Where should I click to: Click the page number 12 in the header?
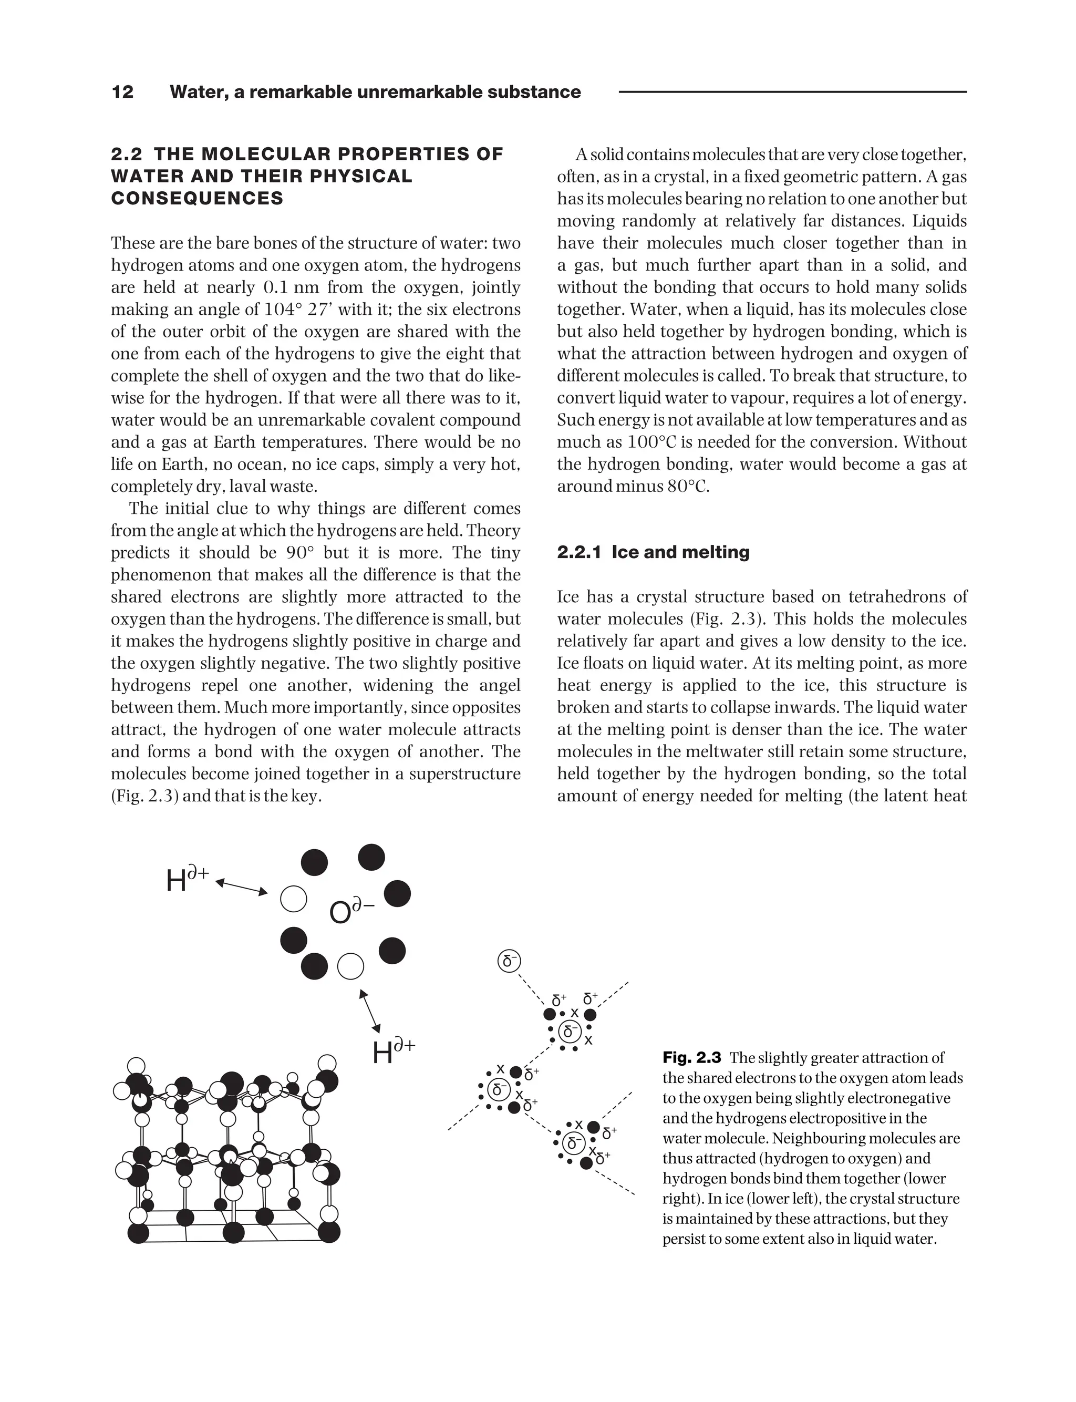click(x=122, y=92)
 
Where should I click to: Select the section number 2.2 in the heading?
click(x=126, y=154)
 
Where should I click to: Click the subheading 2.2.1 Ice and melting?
click(x=653, y=552)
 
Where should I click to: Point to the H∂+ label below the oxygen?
click(x=393, y=1051)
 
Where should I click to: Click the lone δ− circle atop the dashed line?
click(x=509, y=961)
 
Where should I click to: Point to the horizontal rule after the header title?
click(x=792, y=92)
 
